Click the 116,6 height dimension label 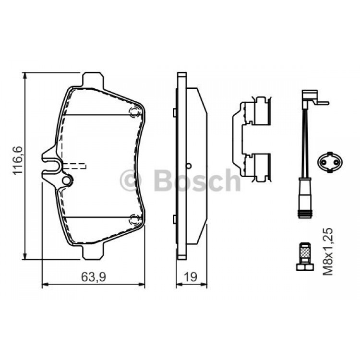(18, 160)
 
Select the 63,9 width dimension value (94, 277)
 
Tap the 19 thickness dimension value (191, 277)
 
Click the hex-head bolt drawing (305, 256)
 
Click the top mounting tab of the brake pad (93, 80)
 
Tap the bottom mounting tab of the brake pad (93, 252)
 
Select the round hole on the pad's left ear (66, 180)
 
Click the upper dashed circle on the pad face (134, 112)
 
